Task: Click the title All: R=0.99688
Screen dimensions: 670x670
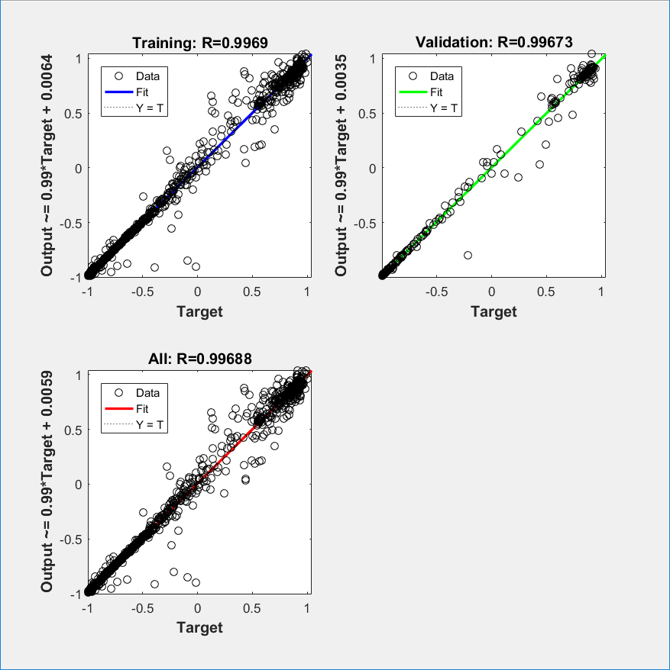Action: click(200, 359)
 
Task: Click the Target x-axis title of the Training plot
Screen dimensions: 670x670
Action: click(199, 311)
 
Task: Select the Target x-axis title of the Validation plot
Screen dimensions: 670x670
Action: click(494, 311)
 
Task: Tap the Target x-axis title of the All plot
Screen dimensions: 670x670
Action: click(199, 627)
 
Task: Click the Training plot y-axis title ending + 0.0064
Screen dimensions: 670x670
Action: click(47, 166)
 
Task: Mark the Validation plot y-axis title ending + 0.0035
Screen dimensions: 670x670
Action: click(341, 166)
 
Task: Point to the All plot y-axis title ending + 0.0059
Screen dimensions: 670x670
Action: click(47, 482)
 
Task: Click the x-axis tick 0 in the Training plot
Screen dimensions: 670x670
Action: click(199, 292)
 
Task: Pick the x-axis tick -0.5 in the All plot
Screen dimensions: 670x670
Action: click(141, 608)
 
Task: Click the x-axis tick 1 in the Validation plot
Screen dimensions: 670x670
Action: click(603, 292)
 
